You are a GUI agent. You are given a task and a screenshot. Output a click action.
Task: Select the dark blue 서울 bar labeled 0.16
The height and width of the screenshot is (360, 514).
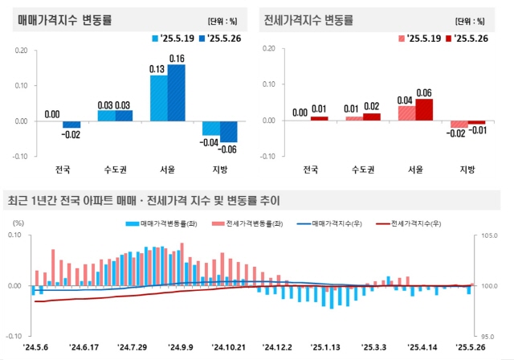pyautogui.click(x=177, y=92)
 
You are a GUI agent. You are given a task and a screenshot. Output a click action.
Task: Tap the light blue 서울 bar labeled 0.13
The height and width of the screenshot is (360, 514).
pyautogui.click(x=159, y=98)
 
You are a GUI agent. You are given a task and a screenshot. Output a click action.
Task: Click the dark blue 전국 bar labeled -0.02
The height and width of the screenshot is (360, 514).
pyautogui.click(x=72, y=125)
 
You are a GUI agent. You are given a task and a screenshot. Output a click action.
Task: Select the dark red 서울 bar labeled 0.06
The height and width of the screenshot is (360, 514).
pyautogui.click(x=424, y=110)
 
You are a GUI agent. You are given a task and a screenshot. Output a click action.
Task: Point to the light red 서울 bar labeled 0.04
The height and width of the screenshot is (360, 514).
pyautogui.click(x=406, y=113)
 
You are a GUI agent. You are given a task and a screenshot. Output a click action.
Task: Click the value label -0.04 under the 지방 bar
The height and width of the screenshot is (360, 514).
pyautogui.click(x=210, y=142)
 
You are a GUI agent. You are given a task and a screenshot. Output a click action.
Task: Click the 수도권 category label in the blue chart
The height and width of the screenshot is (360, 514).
pyautogui.click(x=116, y=169)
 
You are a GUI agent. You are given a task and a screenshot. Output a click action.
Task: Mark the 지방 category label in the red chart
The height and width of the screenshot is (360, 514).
pyautogui.click(x=467, y=169)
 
